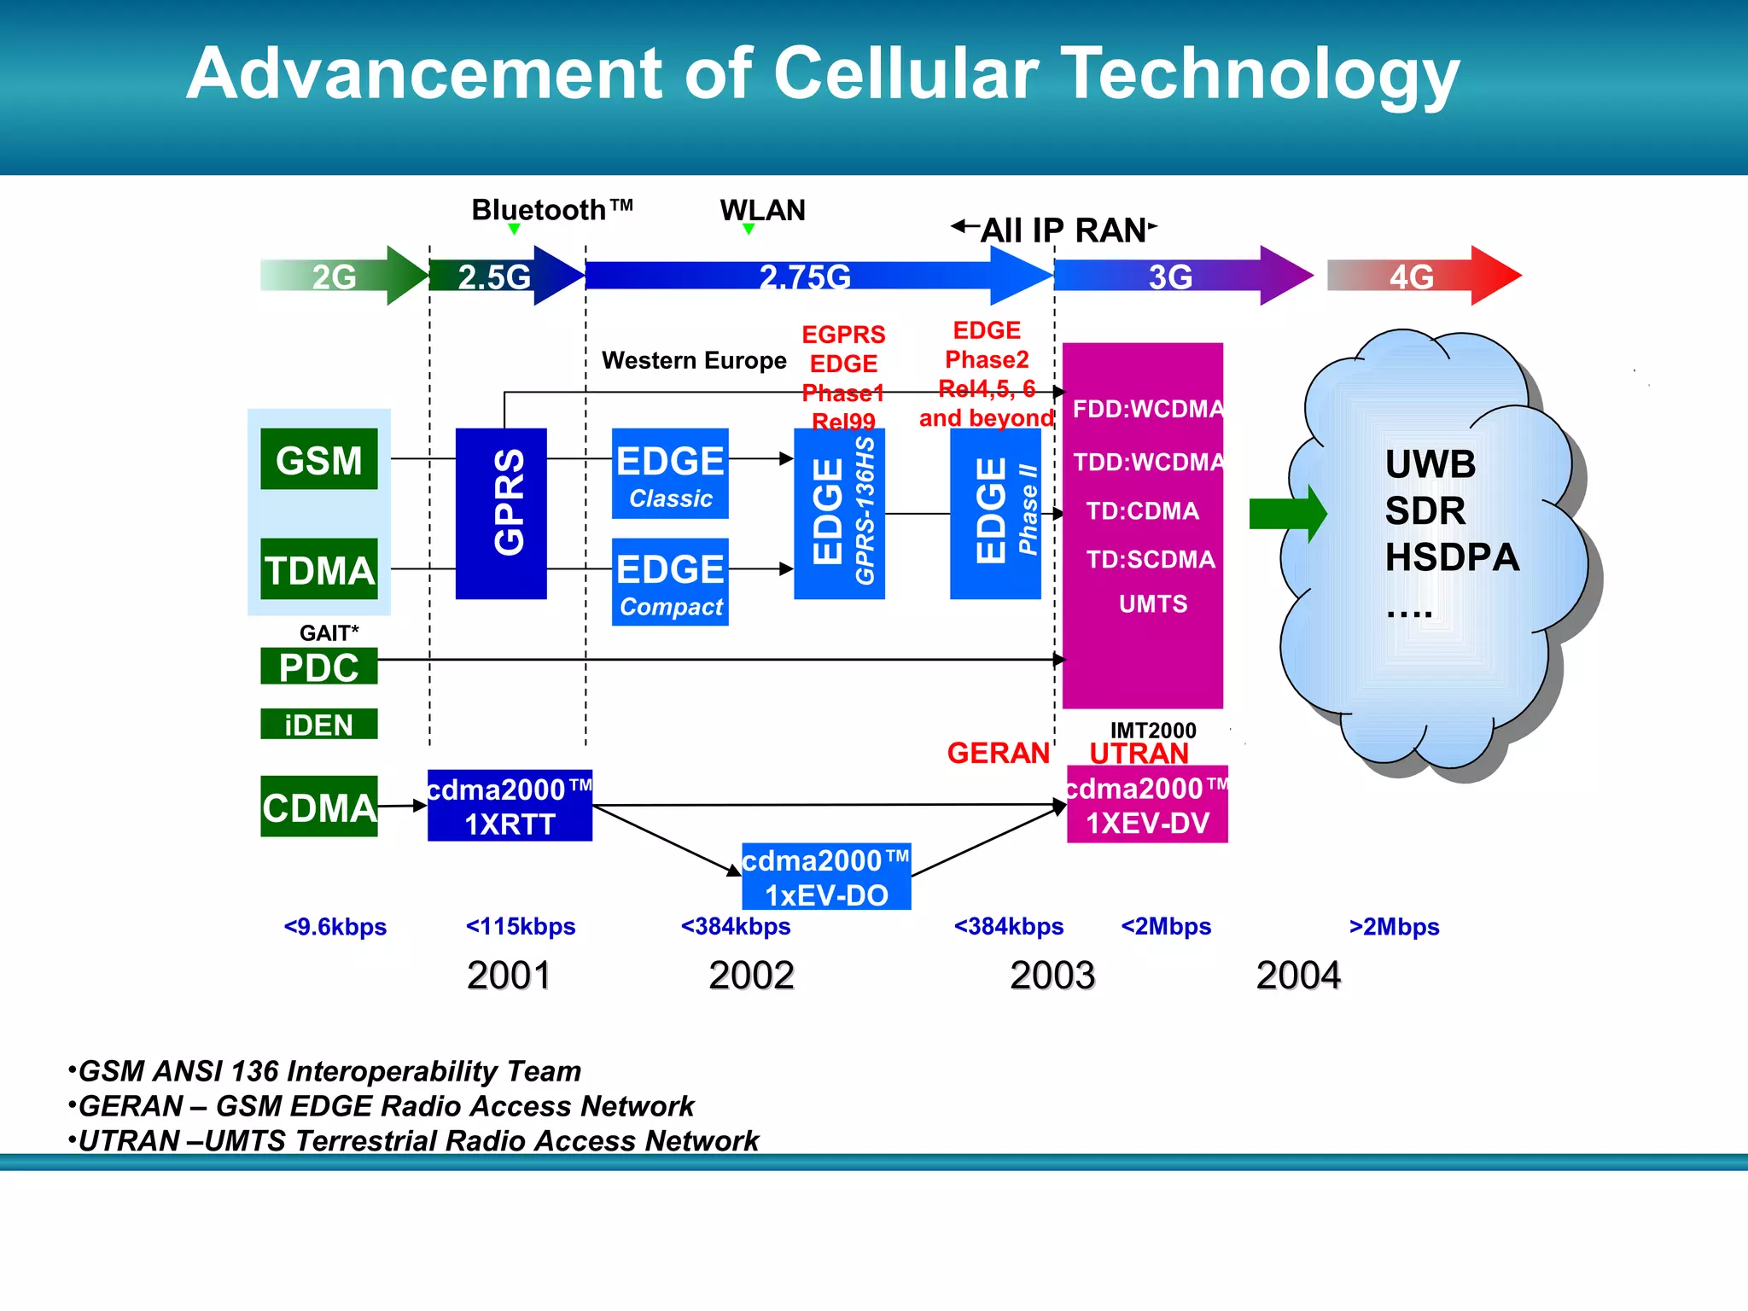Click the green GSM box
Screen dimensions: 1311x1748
click(x=318, y=459)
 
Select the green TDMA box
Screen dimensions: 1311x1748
click(x=318, y=569)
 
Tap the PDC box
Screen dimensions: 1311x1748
click(x=318, y=667)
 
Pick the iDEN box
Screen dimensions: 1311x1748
click(x=318, y=725)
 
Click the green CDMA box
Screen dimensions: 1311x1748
click(x=318, y=807)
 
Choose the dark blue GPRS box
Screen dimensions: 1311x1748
click(x=501, y=514)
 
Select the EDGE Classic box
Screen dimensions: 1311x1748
click(x=670, y=475)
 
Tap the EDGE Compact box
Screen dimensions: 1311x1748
click(x=670, y=583)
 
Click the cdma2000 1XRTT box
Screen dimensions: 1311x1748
click(x=510, y=806)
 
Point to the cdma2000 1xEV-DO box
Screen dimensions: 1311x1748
click(x=826, y=877)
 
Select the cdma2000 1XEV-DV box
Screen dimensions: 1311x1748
click(x=1147, y=805)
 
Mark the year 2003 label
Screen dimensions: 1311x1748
click(x=1052, y=976)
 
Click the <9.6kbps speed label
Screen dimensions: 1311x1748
click(x=335, y=927)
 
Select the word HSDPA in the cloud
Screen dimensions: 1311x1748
click(x=1452, y=557)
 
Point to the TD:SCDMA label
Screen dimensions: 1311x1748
click(x=1150, y=559)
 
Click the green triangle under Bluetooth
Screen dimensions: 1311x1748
click(x=514, y=229)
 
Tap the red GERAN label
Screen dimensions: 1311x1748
click(x=998, y=753)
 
